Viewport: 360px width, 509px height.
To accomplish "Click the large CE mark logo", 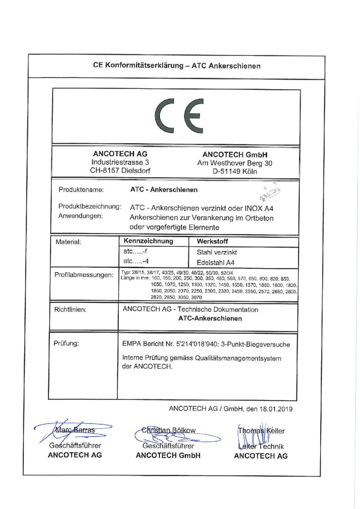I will point(176,116).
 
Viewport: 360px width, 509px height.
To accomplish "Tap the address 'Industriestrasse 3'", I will point(120,162).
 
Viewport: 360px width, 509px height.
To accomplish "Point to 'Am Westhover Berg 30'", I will point(234,163).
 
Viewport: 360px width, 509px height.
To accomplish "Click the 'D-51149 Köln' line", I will point(234,171).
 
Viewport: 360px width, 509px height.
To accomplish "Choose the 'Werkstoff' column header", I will point(212,241).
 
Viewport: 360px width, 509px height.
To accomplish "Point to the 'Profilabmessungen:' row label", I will point(84,275).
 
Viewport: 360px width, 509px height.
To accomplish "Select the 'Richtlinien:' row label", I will point(70,310).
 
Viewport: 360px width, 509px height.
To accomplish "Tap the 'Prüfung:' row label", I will point(66,343).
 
